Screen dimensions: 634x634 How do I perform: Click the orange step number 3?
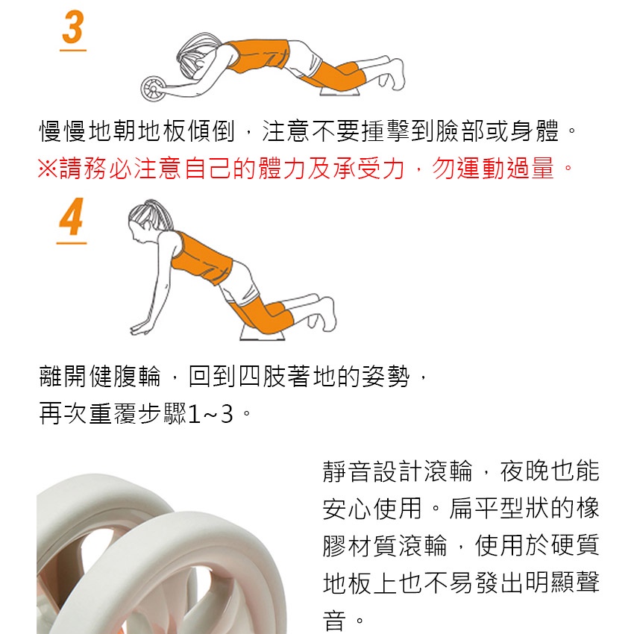[73, 27]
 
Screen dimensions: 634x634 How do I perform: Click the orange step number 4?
[71, 216]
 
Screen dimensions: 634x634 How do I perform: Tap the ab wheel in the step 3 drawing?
[153, 88]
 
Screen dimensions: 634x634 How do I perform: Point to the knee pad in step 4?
[263, 333]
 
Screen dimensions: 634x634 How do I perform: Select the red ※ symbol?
[48, 168]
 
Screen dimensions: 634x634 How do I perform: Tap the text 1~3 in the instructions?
[210, 414]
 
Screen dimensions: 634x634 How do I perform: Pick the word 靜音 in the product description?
[347, 471]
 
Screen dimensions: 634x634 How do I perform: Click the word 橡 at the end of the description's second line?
[588, 508]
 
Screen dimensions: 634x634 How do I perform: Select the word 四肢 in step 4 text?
[262, 376]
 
